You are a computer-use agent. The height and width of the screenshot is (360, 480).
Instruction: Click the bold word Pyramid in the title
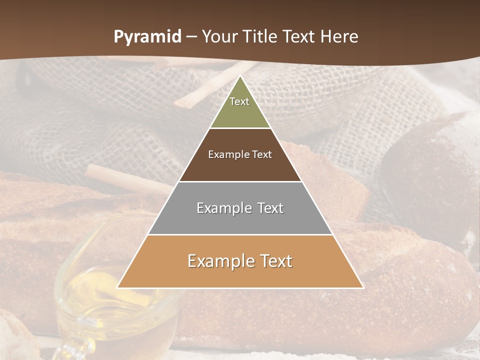pyautogui.click(x=147, y=37)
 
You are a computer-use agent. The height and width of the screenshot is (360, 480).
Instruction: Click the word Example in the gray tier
pyautogui.click(x=223, y=208)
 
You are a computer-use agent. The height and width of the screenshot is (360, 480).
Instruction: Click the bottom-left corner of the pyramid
pyautogui.click(x=118, y=287)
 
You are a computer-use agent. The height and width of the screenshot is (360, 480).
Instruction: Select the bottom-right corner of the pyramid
pyautogui.click(x=363, y=287)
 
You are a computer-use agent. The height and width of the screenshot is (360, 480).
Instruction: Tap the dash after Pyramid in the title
pyautogui.click(x=191, y=37)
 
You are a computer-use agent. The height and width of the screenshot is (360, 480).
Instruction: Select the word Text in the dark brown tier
pyautogui.click(x=262, y=154)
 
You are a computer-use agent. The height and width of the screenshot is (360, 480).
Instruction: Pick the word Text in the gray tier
pyautogui.click(x=270, y=208)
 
